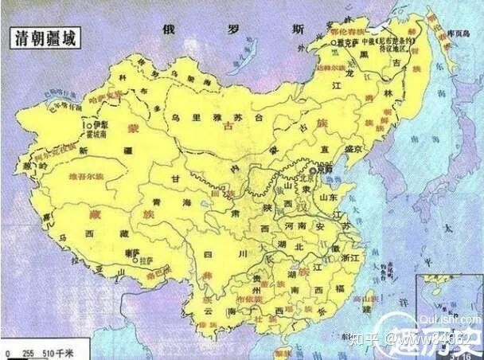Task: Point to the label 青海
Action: coord(169,203)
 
